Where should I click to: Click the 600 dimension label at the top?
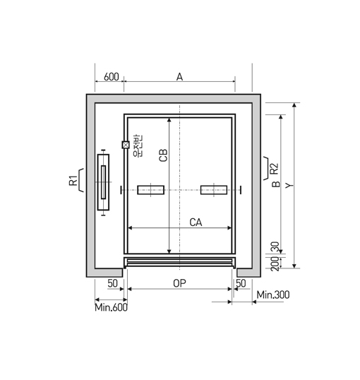click(112, 76)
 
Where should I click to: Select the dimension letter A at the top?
click(179, 77)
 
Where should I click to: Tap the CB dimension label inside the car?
click(163, 155)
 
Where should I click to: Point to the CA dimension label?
click(196, 222)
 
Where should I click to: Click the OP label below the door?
click(179, 283)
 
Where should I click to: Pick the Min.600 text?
click(111, 307)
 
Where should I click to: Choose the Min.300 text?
click(273, 295)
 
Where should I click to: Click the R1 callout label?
click(73, 181)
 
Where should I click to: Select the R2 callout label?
click(275, 169)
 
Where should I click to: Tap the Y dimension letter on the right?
click(289, 186)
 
